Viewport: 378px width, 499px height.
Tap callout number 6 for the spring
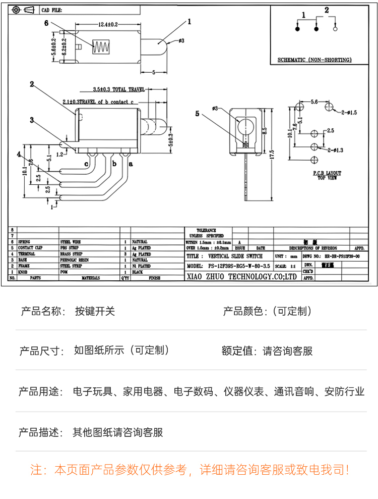(x=46, y=23)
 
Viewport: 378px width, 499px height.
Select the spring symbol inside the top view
(x=101, y=47)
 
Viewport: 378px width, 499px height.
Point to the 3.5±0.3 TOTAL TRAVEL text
(x=118, y=89)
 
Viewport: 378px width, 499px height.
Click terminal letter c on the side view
(x=87, y=164)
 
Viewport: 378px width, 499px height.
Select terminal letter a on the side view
(x=131, y=164)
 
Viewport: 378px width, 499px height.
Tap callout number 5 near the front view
(x=198, y=114)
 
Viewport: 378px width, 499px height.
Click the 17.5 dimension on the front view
(x=271, y=153)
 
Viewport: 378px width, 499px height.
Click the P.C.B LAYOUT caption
(x=327, y=173)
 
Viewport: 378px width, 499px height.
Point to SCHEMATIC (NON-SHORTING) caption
(x=314, y=60)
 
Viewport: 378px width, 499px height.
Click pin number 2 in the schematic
(x=327, y=10)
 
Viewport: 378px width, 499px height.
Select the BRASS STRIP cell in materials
(x=71, y=254)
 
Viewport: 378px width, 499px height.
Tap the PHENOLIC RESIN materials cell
(x=74, y=260)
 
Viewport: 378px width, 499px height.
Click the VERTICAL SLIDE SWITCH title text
(x=235, y=257)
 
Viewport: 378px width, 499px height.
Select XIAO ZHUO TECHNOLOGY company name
(x=242, y=277)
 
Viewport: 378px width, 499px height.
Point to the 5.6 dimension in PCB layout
(x=313, y=102)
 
